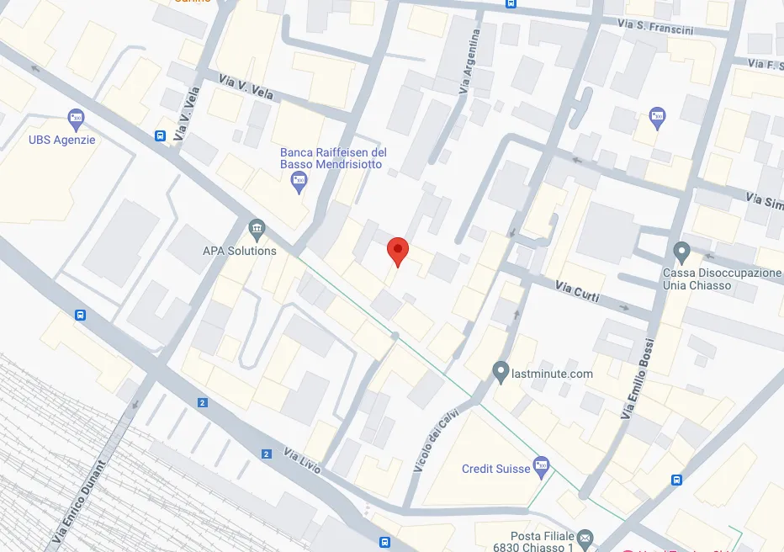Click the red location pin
click(397, 251)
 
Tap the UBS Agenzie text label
click(62, 140)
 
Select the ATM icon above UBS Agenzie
click(77, 119)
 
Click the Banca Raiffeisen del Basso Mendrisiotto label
click(333, 158)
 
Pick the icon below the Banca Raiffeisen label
click(299, 183)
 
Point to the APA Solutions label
click(240, 251)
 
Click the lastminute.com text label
click(552, 374)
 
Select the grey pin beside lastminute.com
click(501, 371)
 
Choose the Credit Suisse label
click(496, 469)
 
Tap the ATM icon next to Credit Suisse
click(542, 465)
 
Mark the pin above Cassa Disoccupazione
click(682, 251)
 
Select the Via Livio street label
click(303, 462)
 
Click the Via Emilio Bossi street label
click(638, 384)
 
